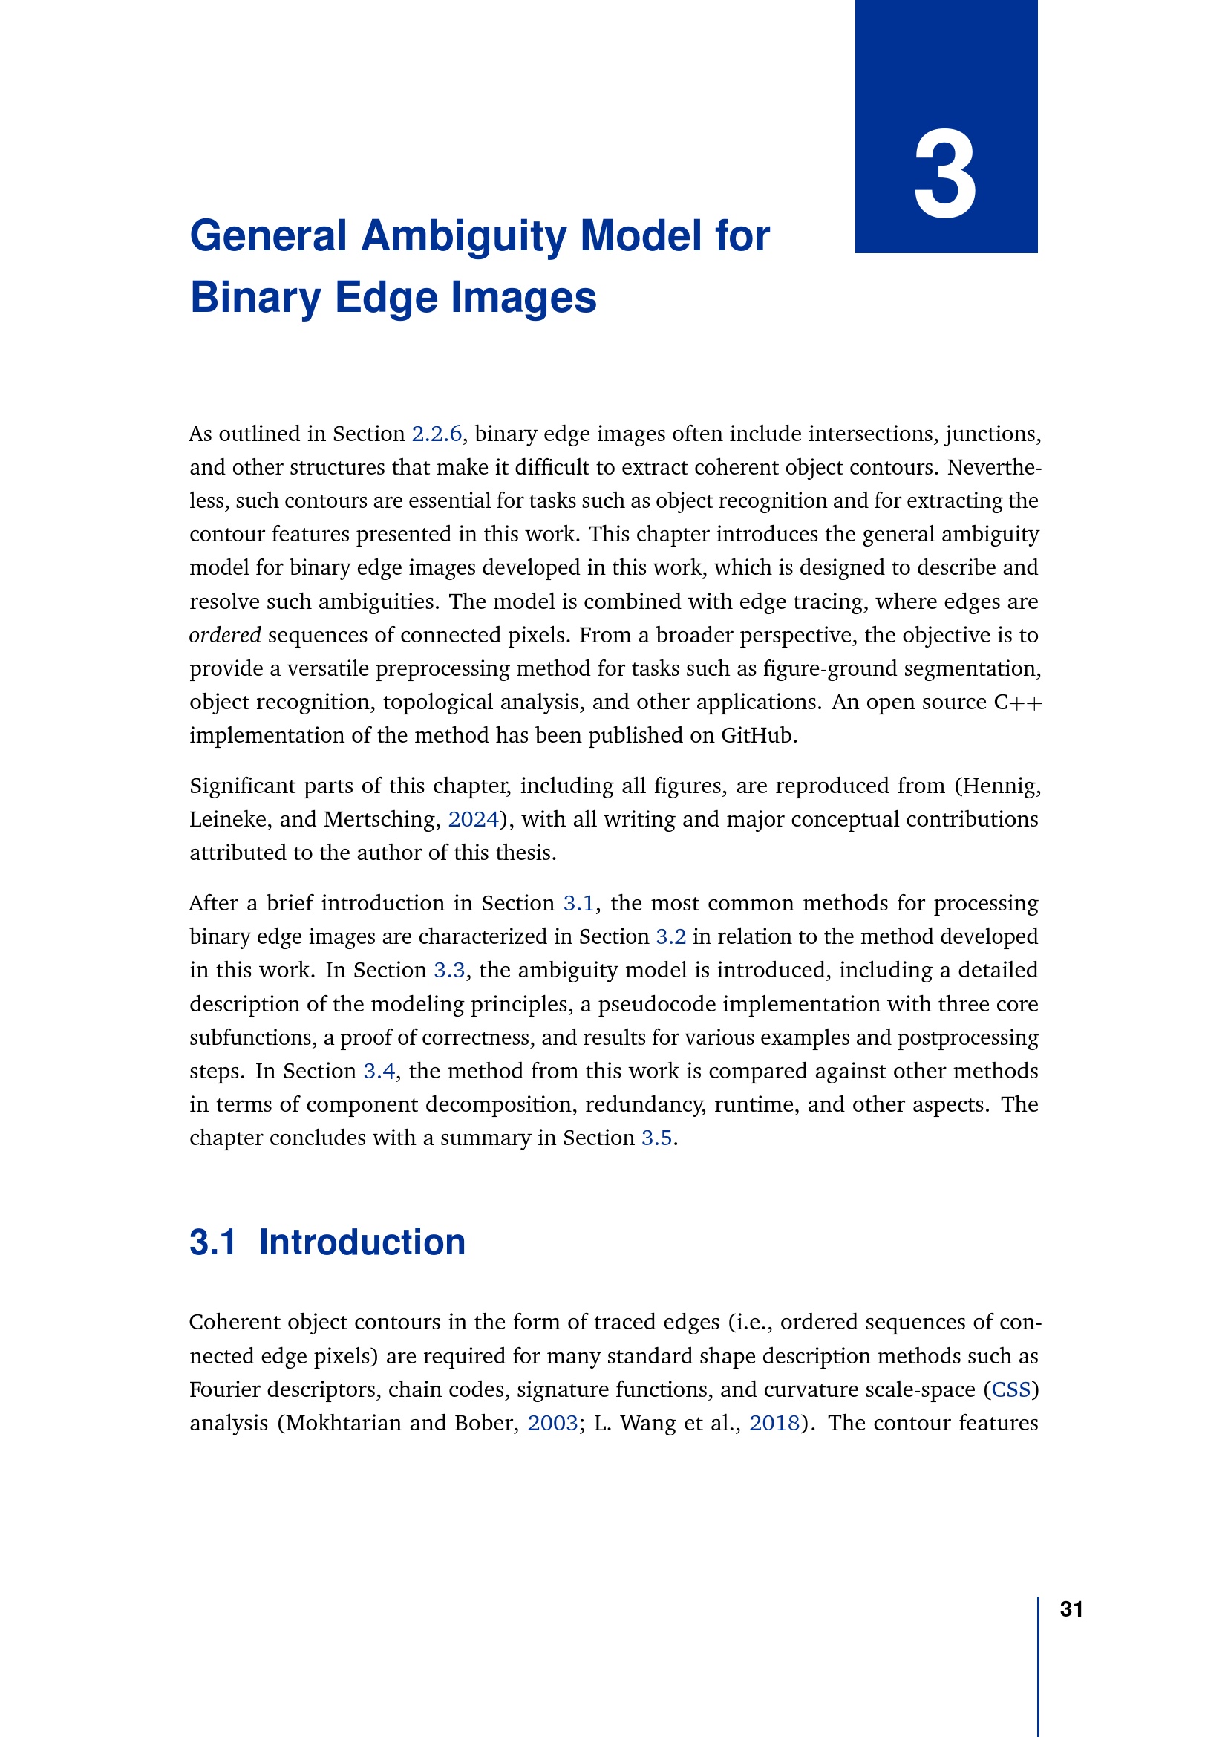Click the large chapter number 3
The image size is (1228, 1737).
(945, 175)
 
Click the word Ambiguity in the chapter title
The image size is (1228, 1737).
(463, 236)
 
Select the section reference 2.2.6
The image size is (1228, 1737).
(437, 434)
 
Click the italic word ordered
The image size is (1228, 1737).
(224, 636)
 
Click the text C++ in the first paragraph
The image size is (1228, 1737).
(1018, 702)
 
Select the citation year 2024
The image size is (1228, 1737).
(474, 819)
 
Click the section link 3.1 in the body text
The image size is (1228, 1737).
(578, 903)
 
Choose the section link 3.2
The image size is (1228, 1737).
(670, 936)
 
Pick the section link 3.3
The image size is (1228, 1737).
(449, 970)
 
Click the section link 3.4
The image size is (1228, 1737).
(379, 1072)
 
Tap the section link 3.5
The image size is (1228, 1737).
(656, 1138)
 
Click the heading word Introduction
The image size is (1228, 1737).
(362, 1243)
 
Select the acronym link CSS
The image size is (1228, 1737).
(1011, 1389)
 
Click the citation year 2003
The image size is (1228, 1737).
(552, 1423)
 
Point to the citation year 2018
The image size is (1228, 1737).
(774, 1423)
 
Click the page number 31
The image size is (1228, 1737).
(1071, 1609)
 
